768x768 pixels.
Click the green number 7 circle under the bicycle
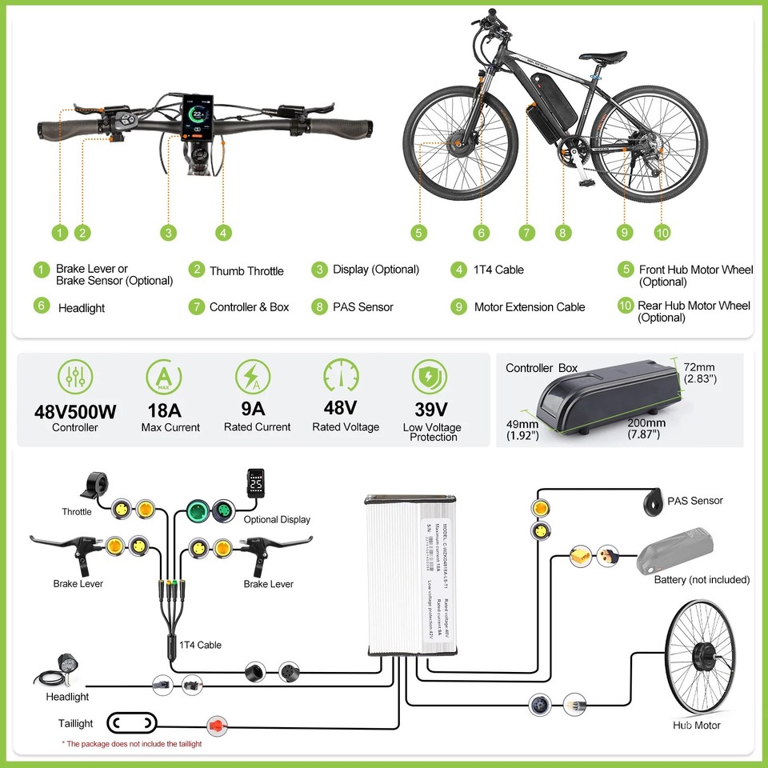526,233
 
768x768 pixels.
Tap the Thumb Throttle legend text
246,271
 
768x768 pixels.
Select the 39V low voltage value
431,410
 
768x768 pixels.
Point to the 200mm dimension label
645,423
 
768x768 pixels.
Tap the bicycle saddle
603,57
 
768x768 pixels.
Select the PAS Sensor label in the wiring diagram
695,501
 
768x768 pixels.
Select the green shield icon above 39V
430,375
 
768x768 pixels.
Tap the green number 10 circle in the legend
625,306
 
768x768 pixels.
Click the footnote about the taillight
132,744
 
